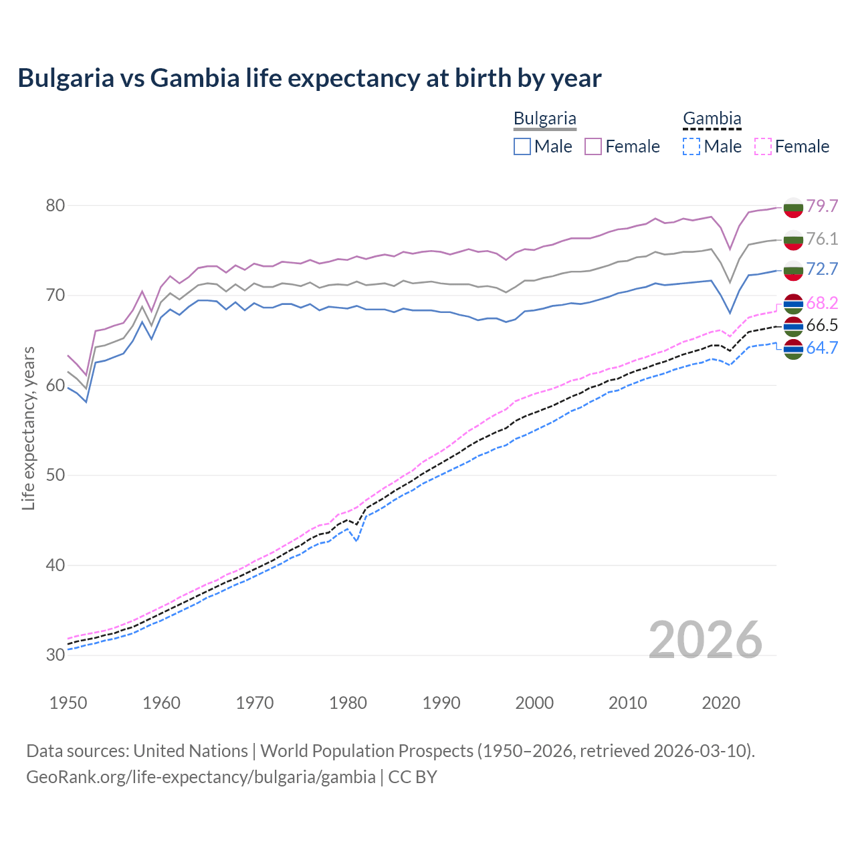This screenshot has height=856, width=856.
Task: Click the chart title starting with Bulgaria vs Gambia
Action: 310,78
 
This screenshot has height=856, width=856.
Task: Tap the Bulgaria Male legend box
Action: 522,146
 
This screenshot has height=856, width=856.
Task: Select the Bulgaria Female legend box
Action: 593,146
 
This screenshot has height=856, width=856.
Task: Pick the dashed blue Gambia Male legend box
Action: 691,146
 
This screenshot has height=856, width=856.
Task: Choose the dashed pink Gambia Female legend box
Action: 763,146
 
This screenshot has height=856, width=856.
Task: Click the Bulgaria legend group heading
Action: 544,119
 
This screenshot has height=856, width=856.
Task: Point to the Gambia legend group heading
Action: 712,119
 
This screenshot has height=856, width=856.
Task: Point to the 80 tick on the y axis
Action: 56,205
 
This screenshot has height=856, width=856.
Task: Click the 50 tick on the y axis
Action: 56,475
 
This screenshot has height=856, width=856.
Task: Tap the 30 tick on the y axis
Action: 56,655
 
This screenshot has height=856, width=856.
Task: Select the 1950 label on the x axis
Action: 68,703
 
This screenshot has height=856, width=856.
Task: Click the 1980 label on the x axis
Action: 348,703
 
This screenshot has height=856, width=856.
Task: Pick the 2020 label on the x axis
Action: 721,703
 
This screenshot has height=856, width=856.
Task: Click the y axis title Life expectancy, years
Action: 28,428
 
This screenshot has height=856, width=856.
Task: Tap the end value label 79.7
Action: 822,206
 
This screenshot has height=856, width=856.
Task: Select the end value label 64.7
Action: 822,348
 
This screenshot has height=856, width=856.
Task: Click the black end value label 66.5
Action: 822,326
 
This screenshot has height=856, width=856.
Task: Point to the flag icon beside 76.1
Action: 793,239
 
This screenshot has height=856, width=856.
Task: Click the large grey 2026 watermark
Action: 706,640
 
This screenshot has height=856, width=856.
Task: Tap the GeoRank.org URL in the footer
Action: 201,777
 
